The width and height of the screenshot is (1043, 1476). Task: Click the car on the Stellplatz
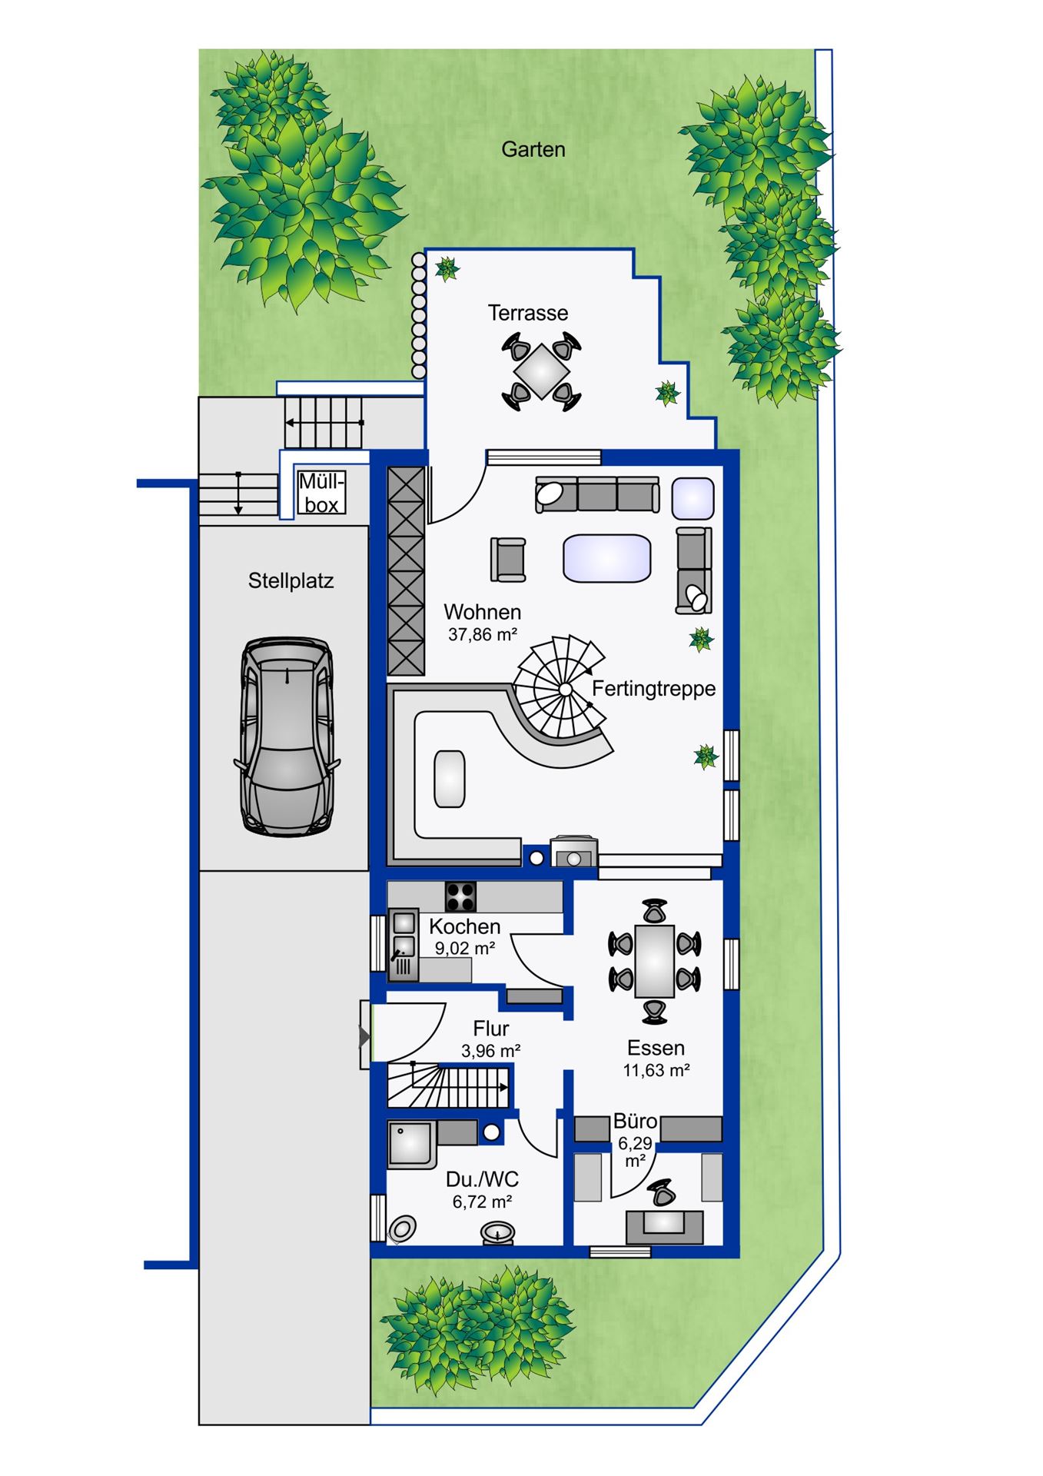pyautogui.click(x=287, y=736)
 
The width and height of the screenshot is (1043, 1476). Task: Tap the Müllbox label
pyautogui.click(x=322, y=493)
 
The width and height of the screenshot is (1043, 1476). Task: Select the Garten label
pyautogui.click(x=533, y=149)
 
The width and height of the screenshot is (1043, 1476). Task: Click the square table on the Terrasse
pyautogui.click(x=541, y=371)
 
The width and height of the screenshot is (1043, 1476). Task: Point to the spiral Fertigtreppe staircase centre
pyautogui.click(x=565, y=690)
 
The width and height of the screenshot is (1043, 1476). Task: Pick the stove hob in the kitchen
pyautogui.click(x=460, y=896)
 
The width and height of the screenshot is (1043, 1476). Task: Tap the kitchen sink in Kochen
pyautogui.click(x=404, y=945)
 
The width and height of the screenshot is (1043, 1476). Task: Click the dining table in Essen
pyautogui.click(x=655, y=961)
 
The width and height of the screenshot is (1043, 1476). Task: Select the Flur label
pyautogui.click(x=491, y=1028)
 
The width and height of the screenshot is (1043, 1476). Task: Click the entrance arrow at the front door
pyautogui.click(x=365, y=1038)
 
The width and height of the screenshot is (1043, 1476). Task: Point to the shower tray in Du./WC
pyautogui.click(x=412, y=1144)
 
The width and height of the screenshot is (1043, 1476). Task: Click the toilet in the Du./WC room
pyautogui.click(x=402, y=1228)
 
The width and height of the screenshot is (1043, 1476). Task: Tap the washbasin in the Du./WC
pyautogui.click(x=498, y=1233)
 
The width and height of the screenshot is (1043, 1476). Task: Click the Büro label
pyautogui.click(x=635, y=1122)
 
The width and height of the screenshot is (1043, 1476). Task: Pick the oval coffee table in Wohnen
pyautogui.click(x=607, y=558)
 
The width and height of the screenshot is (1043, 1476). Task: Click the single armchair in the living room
pyautogui.click(x=508, y=559)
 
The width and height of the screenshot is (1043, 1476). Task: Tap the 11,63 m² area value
pyautogui.click(x=656, y=1070)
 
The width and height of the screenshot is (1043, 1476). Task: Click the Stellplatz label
pyautogui.click(x=291, y=581)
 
